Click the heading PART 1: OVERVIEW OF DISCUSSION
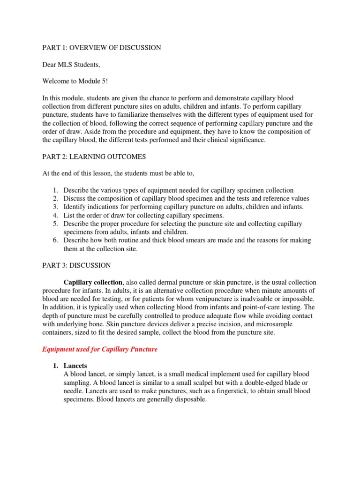[102, 48]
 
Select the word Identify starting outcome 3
[75, 207]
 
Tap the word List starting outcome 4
[69, 216]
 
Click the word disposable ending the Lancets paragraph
[190, 399]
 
